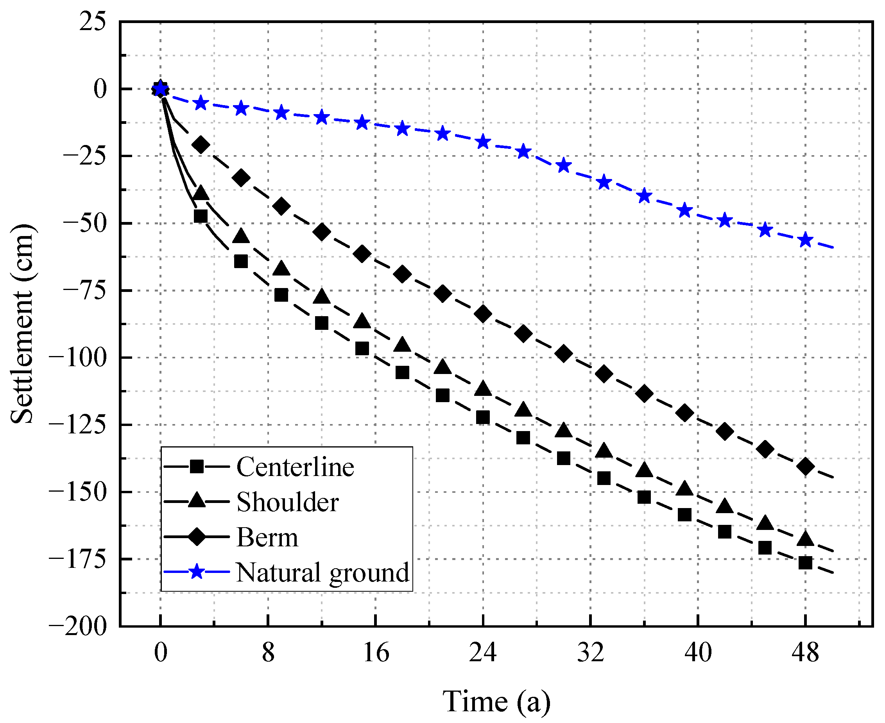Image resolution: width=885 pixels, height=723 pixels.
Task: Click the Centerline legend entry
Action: click(x=295, y=467)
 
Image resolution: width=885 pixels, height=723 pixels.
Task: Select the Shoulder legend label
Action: click(x=287, y=502)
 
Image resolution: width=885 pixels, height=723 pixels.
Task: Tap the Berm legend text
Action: click(x=267, y=537)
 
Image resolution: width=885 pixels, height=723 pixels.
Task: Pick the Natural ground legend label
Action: click(x=322, y=572)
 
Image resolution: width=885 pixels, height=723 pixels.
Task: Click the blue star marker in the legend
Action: click(x=197, y=572)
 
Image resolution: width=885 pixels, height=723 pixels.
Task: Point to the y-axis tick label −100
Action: click(x=77, y=358)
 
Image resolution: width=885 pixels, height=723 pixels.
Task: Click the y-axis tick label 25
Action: click(x=93, y=21)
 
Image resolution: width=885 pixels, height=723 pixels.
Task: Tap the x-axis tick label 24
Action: click(x=483, y=653)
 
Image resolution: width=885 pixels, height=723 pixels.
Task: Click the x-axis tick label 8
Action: click(x=268, y=653)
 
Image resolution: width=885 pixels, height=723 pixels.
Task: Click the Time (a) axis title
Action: click(x=496, y=702)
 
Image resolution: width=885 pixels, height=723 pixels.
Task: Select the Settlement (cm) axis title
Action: click(x=21, y=324)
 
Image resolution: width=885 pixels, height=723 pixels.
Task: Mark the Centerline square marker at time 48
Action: click(x=806, y=563)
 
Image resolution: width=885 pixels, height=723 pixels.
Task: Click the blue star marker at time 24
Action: click(x=483, y=142)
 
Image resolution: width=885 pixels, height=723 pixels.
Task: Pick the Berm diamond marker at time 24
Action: click(x=483, y=313)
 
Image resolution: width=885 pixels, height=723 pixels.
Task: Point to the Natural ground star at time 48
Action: click(x=806, y=240)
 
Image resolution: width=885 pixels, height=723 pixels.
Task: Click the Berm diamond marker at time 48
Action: click(x=806, y=467)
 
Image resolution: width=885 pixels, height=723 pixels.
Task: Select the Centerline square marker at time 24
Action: click(x=483, y=417)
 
